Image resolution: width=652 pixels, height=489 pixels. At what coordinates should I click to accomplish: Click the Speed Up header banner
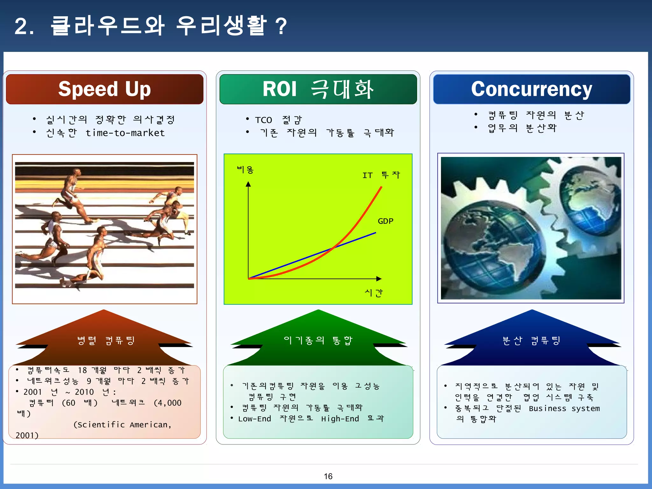(104, 89)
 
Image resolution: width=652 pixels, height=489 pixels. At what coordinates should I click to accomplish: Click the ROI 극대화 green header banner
(318, 89)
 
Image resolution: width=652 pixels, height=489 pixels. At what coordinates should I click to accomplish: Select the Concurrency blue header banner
(531, 89)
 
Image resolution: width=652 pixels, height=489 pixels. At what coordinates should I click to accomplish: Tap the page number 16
(328, 476)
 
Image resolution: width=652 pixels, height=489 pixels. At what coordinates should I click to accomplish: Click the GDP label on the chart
(385, 221)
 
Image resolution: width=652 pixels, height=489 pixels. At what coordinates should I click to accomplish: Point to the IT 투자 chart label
(381, 175)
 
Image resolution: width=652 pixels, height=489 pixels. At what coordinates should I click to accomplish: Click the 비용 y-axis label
(245, 170)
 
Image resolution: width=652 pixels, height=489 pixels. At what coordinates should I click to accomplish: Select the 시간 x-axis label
(373, 293)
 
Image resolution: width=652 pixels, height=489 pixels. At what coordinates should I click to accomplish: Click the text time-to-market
(125, 133)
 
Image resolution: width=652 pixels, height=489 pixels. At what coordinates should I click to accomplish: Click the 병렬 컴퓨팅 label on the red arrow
(106, 340)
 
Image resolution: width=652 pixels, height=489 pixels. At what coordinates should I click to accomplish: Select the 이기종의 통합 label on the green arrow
(318, 340)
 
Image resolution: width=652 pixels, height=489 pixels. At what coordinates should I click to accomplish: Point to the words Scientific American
(123, 425)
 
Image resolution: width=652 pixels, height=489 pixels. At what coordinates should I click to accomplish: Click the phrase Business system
(564, 408)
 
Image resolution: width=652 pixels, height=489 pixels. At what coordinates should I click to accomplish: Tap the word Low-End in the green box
(254, 419)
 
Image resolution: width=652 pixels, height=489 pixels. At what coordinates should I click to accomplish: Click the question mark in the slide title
(281, 26)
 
